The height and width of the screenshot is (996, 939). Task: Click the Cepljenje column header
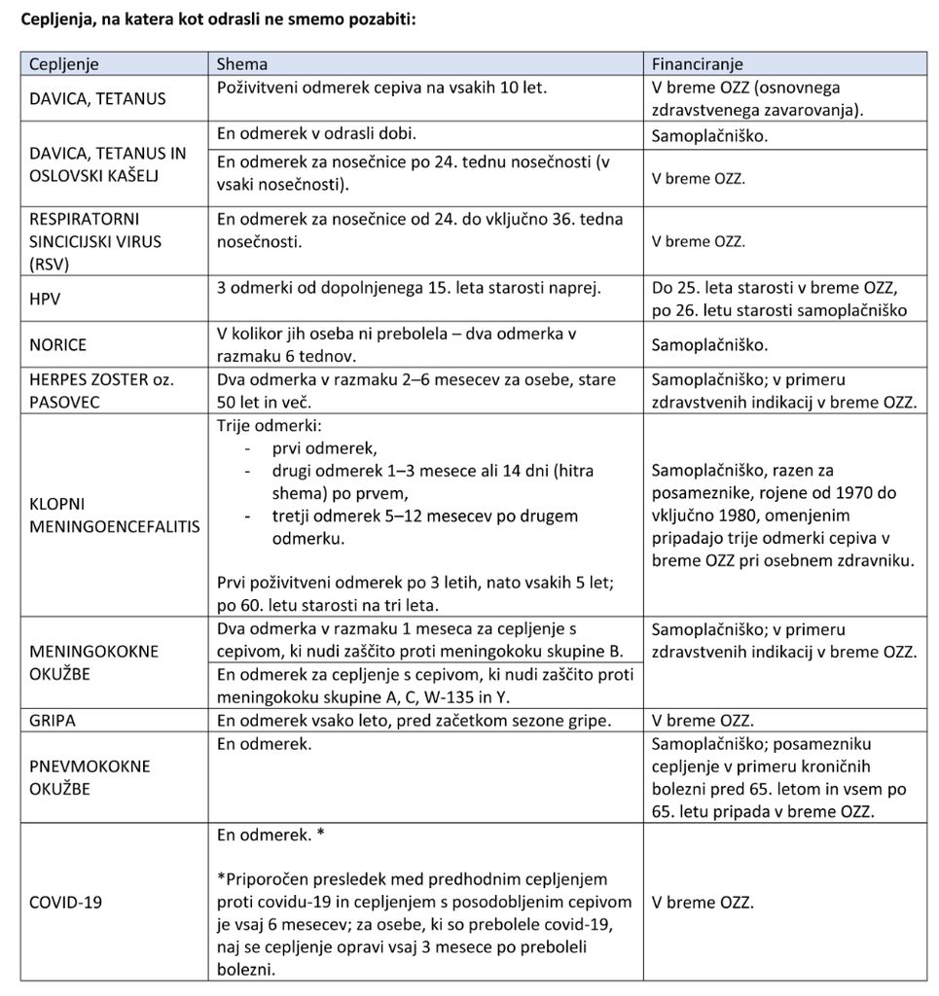pos(64,64)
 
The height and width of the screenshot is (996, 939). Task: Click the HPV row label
pos(45,300)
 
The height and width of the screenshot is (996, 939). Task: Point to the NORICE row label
pos(57,344)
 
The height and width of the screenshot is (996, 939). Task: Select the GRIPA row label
pos(53,721)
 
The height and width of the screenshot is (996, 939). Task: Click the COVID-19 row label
pos(66,902)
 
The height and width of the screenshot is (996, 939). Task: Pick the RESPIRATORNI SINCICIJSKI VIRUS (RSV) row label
pos(95,240)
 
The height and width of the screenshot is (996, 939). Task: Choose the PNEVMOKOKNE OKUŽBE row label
pos(90,777)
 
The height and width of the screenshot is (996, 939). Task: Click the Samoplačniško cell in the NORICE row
pos(709,344)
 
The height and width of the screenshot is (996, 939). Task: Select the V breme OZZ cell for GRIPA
pos(703,721)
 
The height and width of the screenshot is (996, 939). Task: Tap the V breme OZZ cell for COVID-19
pos(703,902)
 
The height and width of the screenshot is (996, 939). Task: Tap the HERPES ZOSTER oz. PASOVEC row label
pos(101,390)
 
